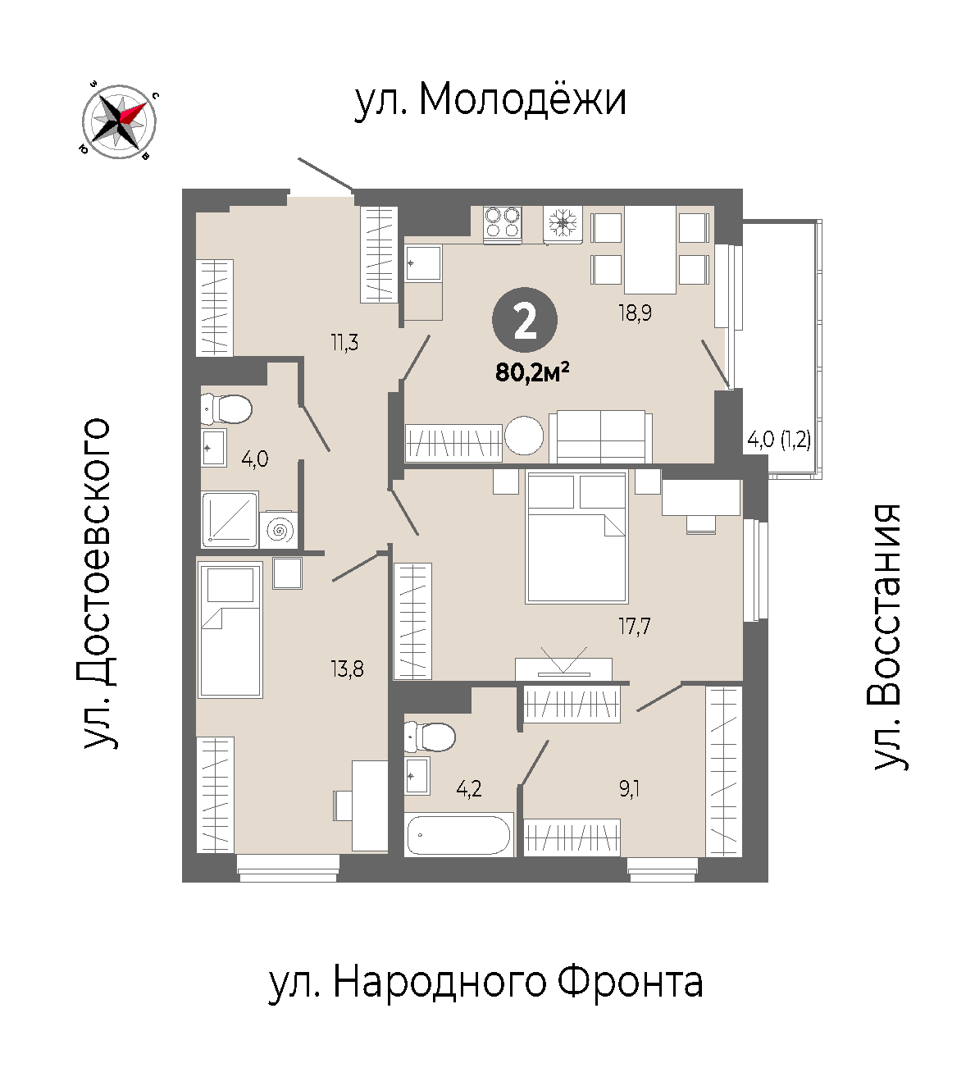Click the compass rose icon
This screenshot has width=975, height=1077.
point(119,121)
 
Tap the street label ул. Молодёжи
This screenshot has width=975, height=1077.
point(490,100)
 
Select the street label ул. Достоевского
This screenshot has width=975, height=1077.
point(98,583)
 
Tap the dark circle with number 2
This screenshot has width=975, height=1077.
point(525,321)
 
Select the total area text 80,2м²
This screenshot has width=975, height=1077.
point(532,372)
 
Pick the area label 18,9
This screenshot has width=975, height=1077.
point(636,313)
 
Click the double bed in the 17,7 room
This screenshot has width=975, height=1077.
point(576,537)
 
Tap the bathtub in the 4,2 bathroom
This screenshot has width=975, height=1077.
point(459,835)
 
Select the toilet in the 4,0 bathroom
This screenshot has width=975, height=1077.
point(226,409)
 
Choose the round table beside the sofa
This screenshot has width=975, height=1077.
point(524,436)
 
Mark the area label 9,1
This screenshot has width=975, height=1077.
point(629,790)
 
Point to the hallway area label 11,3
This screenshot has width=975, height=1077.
point(344,342)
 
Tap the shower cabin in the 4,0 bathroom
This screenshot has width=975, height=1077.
point(230,519)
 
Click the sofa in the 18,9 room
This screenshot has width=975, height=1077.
point(601,436)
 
